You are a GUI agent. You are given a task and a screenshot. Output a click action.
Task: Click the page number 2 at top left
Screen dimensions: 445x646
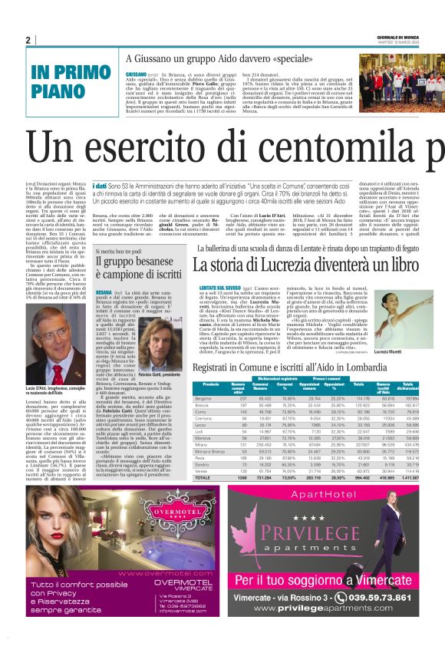tap(28, 40)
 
